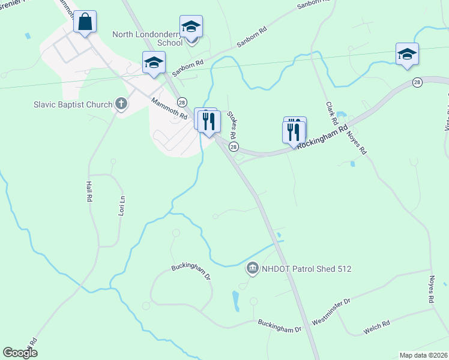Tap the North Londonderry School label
click(x=148, y=38)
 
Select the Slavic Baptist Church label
click(x=73, y=104)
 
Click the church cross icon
click(x=121, y=104)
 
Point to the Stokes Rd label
click(x=232, y=125)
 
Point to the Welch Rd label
click(x=377, y=326)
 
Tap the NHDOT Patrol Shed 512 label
click(x=306, y=269)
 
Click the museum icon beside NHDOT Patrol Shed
click(x=253, y=268)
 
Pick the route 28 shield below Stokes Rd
click(x=234, y=147)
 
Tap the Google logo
click(x=20, y=353)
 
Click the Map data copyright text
click(x=424, y=355)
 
